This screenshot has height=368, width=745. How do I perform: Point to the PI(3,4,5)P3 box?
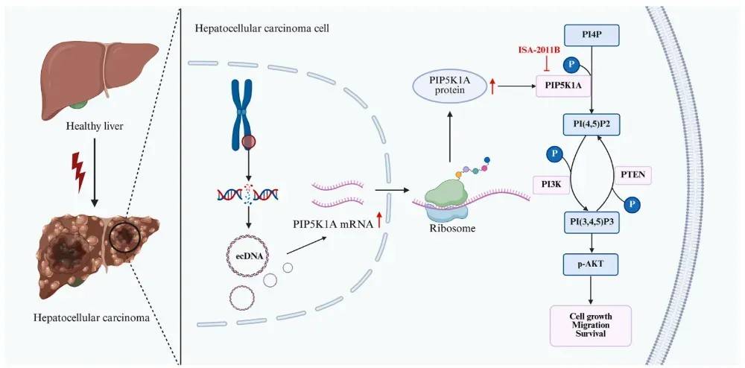pos(591,221)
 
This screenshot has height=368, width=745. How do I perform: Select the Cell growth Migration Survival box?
pos(590,325)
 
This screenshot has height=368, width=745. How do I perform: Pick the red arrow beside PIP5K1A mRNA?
pos(380,221)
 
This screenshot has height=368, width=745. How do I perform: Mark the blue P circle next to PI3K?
pos(554,154)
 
